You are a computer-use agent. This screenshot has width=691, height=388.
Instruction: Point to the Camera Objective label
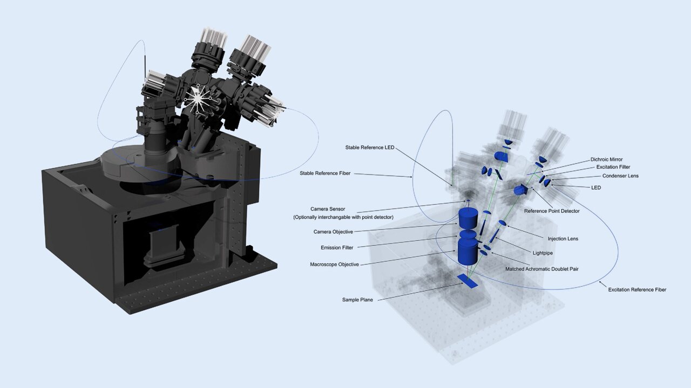coord(333,232)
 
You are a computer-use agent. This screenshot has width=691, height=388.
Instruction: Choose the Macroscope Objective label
coord(334,265)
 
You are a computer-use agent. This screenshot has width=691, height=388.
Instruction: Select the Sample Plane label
coord(357,300)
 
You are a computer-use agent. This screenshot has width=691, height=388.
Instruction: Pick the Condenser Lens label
coord(620,176)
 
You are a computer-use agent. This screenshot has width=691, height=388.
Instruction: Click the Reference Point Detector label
coord(552,211)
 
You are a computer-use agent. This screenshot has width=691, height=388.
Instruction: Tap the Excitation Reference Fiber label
coord(637,290)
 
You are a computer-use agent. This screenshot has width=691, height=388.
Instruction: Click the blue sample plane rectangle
coord(468,281)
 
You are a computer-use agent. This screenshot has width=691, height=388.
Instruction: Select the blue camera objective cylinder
coord(468,218)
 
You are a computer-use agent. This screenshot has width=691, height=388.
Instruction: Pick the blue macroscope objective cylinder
coord(468,252)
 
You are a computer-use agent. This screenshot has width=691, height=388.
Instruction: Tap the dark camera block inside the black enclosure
coord(162,245)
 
